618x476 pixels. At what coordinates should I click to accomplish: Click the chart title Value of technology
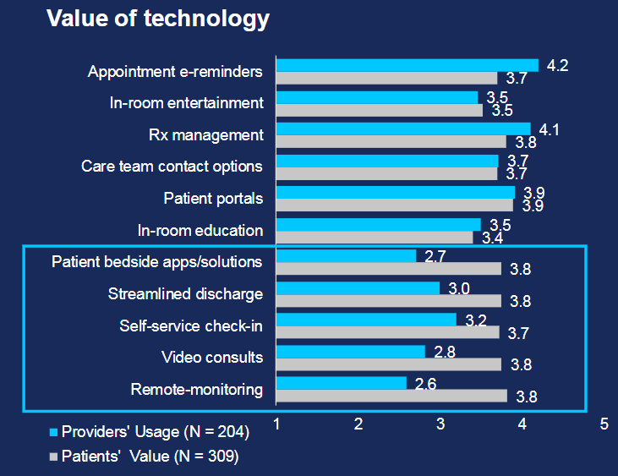158,19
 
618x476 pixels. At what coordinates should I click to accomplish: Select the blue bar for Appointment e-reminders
407,65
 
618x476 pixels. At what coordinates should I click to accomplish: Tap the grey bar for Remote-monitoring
391,396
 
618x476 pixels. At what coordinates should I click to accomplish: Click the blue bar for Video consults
351,351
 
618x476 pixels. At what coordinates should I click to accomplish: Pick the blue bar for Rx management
403,129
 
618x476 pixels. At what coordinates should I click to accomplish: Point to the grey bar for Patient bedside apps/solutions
389,269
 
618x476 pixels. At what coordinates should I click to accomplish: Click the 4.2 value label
556,65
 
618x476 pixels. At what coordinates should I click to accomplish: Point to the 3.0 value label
459,289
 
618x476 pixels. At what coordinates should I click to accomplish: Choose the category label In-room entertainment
186,103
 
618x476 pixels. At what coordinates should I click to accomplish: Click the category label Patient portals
213,199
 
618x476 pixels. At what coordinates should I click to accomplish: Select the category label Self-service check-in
190,326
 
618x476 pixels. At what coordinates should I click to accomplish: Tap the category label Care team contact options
172,167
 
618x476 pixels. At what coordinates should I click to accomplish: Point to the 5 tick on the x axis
604,424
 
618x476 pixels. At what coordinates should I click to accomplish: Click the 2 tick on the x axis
358,424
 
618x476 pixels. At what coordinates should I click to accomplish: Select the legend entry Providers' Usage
149,433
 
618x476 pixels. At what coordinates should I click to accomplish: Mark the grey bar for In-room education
375,237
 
